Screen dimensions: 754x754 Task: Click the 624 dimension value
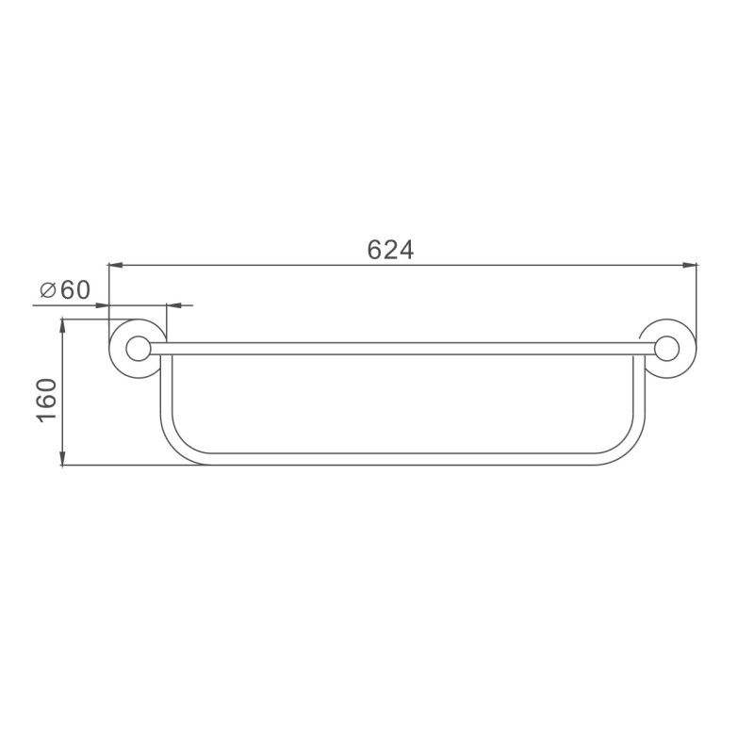click(x=391, y=250)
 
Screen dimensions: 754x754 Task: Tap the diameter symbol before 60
click(x=49, y=290)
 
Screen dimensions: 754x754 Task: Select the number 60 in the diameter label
click(x=74, y=290)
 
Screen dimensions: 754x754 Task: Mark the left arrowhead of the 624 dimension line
click(x=115, y=266)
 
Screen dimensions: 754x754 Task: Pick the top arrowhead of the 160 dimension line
click(x=62, y=326)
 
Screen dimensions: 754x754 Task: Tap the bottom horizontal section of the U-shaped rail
click(x=396, y=459)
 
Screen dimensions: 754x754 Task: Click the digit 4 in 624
click(x=406, y=250)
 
